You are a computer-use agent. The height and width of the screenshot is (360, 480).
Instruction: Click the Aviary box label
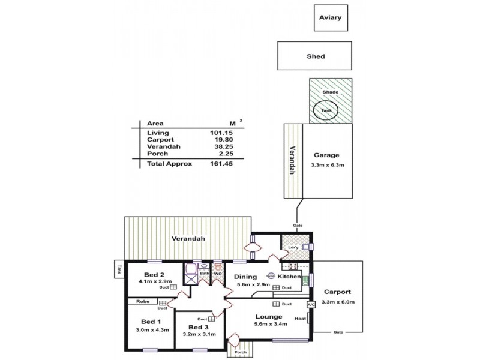coord(331,17)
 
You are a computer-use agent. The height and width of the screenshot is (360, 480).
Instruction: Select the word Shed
coord(316,56)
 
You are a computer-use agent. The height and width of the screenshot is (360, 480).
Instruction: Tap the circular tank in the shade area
coord(325,110)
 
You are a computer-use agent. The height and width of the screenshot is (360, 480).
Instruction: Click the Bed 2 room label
coord(151,274)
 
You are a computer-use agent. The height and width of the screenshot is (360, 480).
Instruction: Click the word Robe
coord(143,302)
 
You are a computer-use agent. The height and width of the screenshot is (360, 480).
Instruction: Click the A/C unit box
coord(311,304)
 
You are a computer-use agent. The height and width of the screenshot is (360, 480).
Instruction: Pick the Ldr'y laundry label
coord(293,247)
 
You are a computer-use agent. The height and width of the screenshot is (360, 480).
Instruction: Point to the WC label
coord(218,275)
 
